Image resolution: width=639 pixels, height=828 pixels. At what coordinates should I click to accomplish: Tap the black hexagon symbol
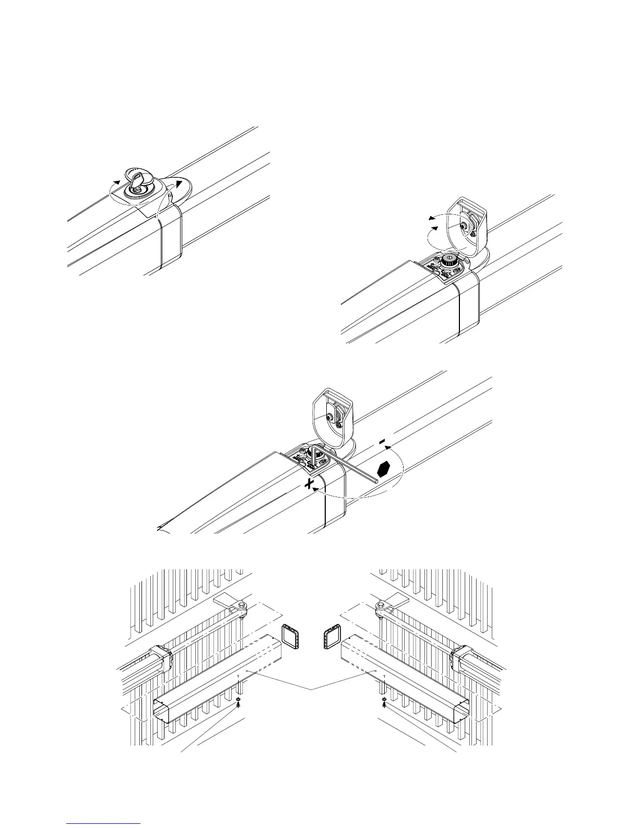(x=385, y=469)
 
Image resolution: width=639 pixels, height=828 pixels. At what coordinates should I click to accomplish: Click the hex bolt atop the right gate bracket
(x=381, y=606)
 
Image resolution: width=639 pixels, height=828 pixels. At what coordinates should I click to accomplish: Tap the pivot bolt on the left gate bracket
(x=241, y=606)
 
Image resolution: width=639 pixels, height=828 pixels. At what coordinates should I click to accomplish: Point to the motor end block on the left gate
(x=162, y=660)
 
